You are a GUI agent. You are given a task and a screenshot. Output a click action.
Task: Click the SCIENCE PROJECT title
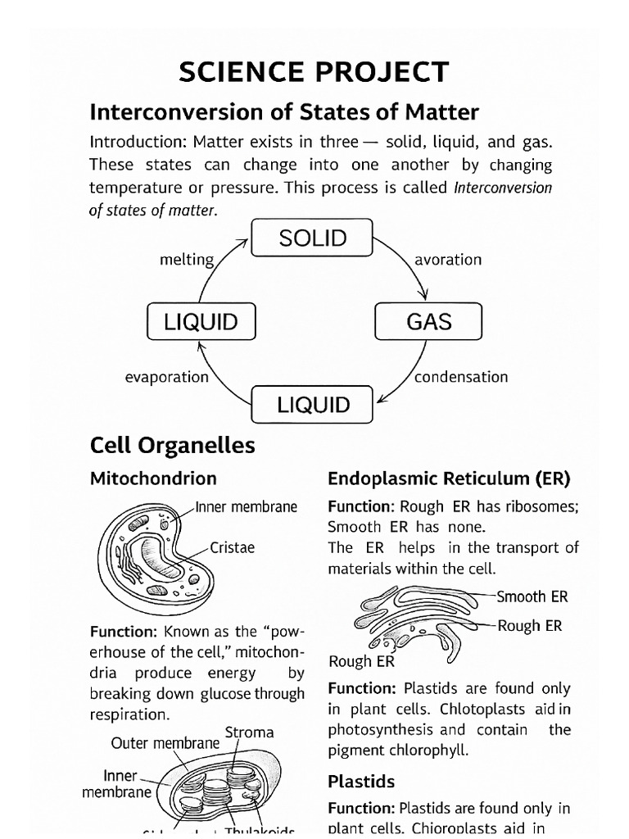[x=314, y=72]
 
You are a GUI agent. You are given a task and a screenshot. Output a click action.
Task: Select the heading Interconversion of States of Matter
[x=284, y=111]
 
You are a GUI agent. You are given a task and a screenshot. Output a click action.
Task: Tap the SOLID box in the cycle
[x=312, y=238]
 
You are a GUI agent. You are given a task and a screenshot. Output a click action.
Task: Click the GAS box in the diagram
[x=428, y=321]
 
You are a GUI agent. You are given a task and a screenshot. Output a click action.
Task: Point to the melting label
[x=187, y=260]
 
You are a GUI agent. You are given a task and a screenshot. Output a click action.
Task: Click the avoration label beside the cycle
[x=448, y=260]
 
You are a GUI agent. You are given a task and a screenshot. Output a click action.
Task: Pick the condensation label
[x=461, y=377]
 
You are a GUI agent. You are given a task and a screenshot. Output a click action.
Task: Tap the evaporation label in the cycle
[x=167, y=377]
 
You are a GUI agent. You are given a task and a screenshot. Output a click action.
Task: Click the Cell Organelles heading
[x=172, y=445]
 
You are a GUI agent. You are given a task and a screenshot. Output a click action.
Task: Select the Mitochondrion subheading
[x=153, y=478]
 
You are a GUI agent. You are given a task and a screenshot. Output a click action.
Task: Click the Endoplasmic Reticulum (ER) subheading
[x=449, y=478]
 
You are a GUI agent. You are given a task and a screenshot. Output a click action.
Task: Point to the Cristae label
[x=233, y=547]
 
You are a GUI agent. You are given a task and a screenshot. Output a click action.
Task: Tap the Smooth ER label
[x=532, y=596]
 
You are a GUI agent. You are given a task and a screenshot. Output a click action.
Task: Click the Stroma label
[x=249, y=732]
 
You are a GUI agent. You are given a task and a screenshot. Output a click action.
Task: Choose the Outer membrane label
[x=165, y=743]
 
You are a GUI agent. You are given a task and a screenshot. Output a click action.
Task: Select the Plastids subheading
[x=361, y=781]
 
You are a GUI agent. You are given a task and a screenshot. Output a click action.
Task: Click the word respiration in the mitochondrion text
[x=130, y=714]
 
